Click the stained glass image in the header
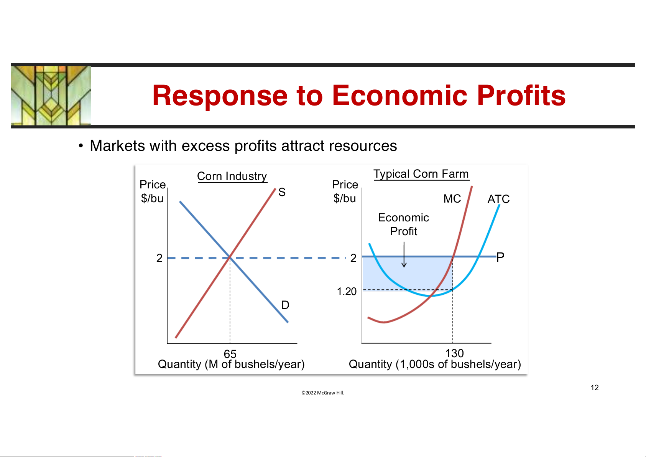click(51, 96)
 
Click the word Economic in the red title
click(400, 95)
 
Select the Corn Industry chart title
click(232, 176)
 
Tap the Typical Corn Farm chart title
click(421, 174)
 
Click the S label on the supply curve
click(282, 192)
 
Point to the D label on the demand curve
click(285, 305)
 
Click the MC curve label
click(452, 199)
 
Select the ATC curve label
click(498, 199)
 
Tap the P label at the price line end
click(500, 257)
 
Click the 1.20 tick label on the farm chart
click(347, 292)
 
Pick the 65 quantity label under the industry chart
click(230, 354)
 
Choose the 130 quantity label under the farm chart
click(455, 353)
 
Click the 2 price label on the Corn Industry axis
click(159, 258)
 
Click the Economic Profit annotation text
click(403, 224)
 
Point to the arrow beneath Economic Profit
click(404, 255)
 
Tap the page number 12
click(594, 388)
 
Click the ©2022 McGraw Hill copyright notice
click(323, 393)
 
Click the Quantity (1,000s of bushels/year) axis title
click(435, 364)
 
